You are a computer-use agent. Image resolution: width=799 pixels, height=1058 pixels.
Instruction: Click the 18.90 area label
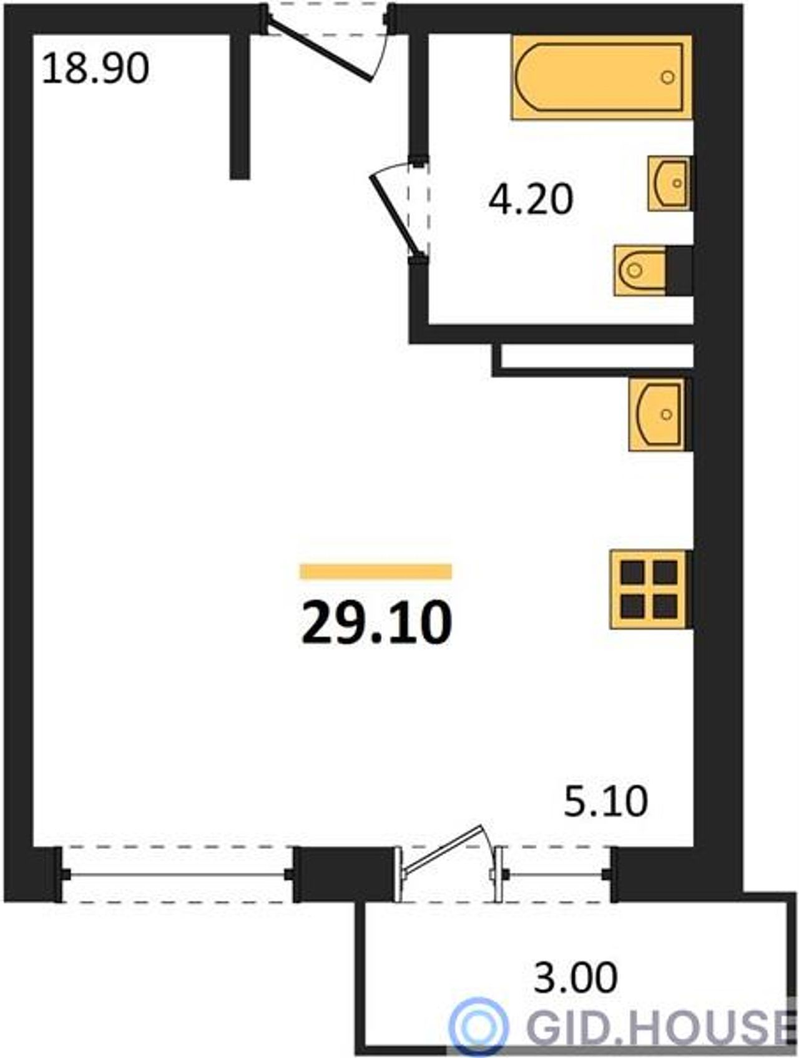click(x=96, y=69)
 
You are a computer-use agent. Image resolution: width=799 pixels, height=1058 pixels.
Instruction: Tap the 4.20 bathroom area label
click(x=531, y=200)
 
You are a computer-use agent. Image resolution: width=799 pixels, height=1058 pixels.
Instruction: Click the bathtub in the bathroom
click(x=602, y=77)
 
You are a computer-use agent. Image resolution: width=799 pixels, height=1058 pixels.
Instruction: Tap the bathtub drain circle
click(x=668, y=77)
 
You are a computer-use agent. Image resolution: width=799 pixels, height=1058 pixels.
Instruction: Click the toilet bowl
click(x=640, y=270)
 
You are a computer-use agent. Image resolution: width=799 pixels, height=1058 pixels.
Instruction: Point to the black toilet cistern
click(x=679, y=270)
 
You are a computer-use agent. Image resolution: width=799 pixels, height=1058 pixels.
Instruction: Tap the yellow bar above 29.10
click(x=376, y=571)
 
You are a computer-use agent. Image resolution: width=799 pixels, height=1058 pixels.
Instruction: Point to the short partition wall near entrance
click(x=240, y=106)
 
